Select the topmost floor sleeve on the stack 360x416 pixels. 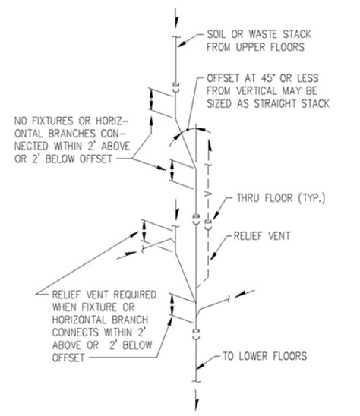click(175, 87)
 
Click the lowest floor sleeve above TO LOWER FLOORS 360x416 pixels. click(196, 333)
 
